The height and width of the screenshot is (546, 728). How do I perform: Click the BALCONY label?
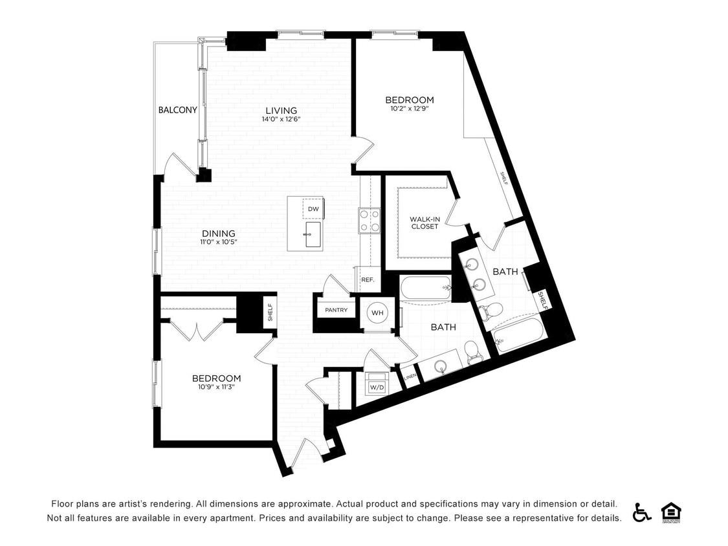point(177,110)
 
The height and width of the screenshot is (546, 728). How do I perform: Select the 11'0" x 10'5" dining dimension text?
point(218,243)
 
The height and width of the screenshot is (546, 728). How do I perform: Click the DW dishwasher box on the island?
point(313,209)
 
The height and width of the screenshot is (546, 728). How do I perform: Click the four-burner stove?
point(370,220)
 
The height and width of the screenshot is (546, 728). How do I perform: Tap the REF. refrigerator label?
point(368,280)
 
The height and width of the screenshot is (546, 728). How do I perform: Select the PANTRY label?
point(336,311)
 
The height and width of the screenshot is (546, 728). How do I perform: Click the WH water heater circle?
point(377,313)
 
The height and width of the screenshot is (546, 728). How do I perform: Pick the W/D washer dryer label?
point(376,387)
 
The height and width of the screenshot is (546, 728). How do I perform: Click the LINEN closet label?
point(410,377)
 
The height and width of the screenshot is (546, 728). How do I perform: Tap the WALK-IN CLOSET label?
point(425,223)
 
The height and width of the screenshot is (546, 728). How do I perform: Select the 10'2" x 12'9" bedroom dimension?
point(410,109)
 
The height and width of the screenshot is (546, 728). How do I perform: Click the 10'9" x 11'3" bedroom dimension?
point(216,388)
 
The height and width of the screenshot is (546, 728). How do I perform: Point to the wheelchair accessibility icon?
point(641,512)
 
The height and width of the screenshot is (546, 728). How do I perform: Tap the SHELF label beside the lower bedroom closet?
point(270,313)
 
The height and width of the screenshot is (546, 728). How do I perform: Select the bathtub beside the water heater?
point(425,289)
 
